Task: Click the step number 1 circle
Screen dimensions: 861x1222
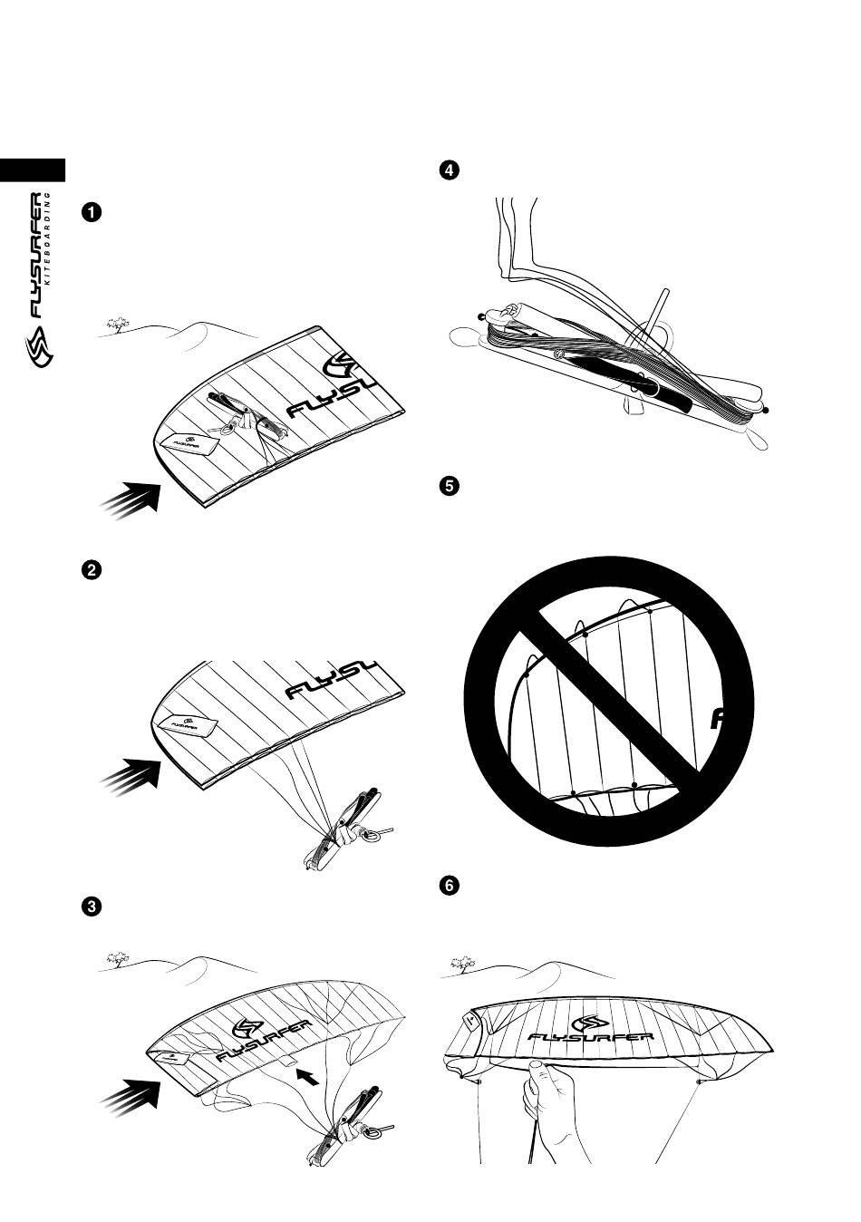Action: (92, 213)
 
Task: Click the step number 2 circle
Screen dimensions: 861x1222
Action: (92, 570)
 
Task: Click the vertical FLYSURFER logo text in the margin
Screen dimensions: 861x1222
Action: (39, 254)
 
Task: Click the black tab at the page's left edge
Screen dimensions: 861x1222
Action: (33, 170)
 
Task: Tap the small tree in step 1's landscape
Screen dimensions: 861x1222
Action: (117, 324)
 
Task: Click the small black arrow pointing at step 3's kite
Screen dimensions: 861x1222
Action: (309, 1077)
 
